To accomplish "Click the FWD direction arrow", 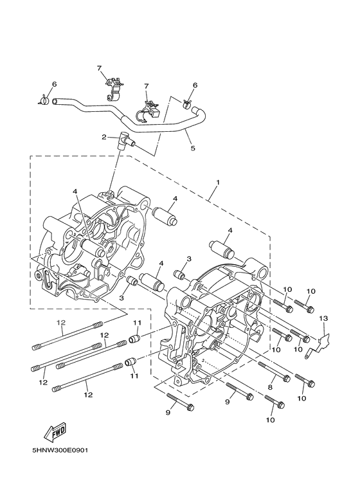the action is click(x=55, y=431).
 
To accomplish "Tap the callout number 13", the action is click(x=323, y=318).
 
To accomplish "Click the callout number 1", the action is click(x=218, y=182).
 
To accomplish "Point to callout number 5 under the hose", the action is click(x=193, y=148).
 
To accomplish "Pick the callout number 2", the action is click(x=104, y=137).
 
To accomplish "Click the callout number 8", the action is click(x=270, y=387).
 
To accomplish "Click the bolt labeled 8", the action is click(x=274, y=371).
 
